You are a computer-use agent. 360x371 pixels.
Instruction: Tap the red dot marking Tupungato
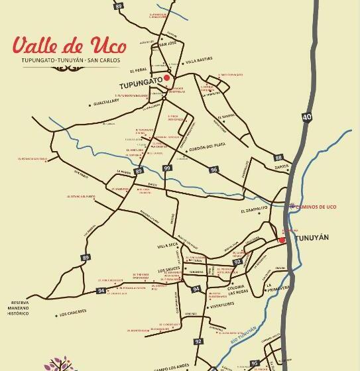click(167, 78)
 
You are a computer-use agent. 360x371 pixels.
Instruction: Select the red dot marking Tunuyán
click(282, 240)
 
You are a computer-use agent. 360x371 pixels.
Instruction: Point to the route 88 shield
click(278, 157)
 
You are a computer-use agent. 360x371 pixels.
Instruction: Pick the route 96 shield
click(213, 170)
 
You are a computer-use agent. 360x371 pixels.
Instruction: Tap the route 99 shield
click(166, 169)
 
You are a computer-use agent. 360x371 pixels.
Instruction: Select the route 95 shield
click(255, 362)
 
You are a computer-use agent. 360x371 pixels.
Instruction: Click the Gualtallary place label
click(110, 103)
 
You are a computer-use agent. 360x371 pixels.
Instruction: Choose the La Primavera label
click(278, 288)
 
